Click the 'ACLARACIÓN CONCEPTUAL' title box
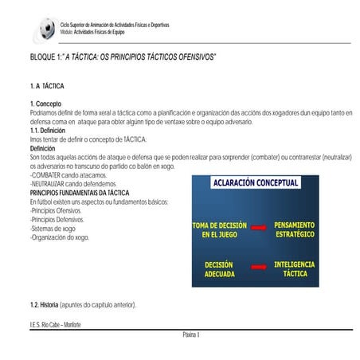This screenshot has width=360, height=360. (255, 183)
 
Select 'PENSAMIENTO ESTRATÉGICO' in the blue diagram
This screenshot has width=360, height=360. (294, 230)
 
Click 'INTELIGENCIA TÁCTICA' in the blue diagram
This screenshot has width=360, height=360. (294, 268)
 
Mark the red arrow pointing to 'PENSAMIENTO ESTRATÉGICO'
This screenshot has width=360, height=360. (258, 229)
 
